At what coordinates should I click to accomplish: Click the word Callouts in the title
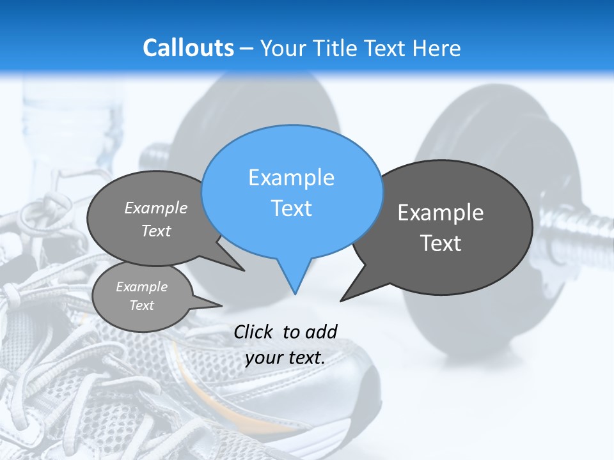coord(188,48)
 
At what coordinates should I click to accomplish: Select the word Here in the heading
coord(436,49)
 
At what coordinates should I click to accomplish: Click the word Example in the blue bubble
coord(291,178)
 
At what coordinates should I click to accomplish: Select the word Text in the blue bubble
coord(291,208)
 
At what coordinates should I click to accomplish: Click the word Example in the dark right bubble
coord(441,213)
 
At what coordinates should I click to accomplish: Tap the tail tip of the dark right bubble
coord(342,300)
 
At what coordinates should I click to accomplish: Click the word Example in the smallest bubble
coord(141,287)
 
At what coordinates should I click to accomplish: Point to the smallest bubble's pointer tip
coord(221,305)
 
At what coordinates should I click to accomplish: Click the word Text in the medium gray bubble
coord(156,231)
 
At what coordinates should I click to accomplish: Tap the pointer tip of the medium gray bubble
coord(244,270)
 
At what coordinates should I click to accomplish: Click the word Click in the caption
coord(253,332)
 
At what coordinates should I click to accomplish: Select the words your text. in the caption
coord(285,358)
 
